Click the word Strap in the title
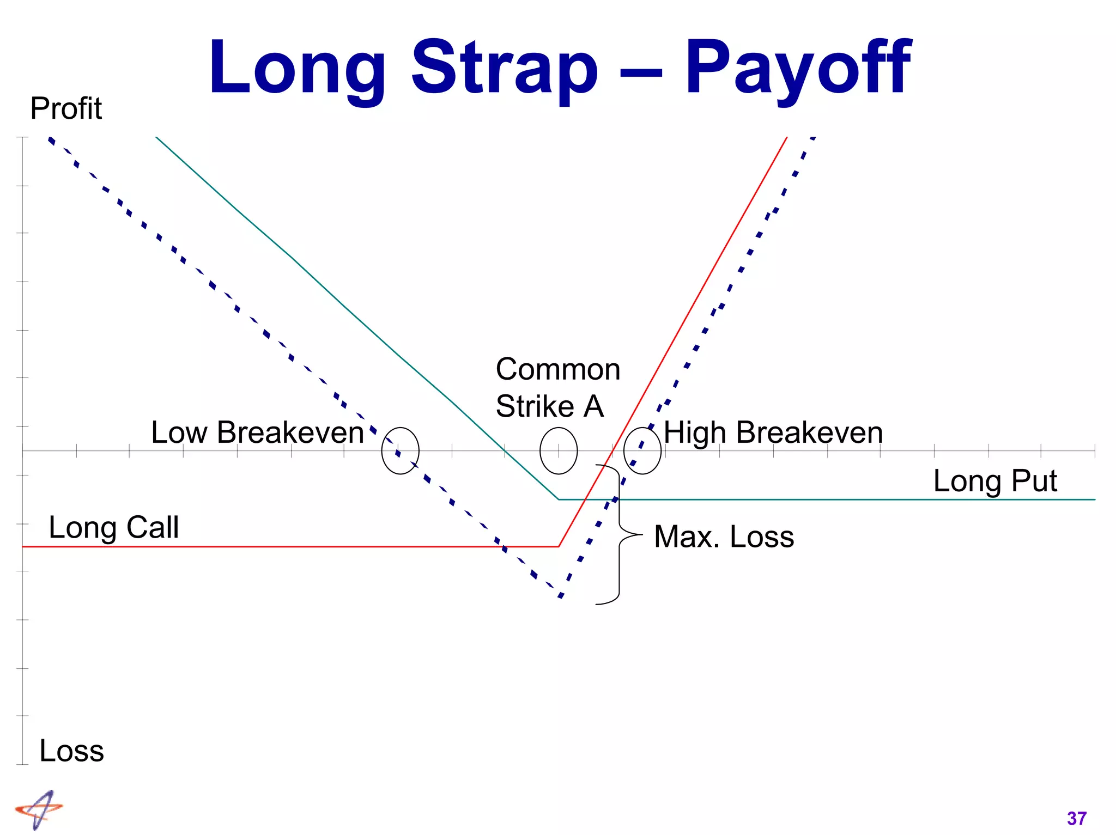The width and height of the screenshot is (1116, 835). (504, 68)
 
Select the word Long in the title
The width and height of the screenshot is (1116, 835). (297, 68)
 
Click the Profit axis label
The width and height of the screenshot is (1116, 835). (66, 108)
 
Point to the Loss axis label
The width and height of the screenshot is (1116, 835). (71, 751)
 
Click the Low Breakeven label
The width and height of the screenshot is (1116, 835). (257, 432)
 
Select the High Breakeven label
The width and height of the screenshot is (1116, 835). (773, 432)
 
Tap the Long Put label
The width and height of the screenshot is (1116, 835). (995, 481)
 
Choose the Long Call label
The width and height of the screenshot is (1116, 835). (113, 527)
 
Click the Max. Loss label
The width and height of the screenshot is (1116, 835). (724, 537)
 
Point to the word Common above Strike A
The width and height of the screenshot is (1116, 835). (558, 369)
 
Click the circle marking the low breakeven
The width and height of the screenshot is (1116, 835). (400, 450)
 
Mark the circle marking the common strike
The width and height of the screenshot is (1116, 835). (559, 450)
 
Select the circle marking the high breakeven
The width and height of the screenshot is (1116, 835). (642, 450)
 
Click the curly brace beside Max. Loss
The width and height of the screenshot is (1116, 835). (620, 534)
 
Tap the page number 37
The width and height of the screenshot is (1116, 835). (1076, 818)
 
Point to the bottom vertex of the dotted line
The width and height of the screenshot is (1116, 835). (561, 596)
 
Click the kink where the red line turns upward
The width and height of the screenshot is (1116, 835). (559, 546)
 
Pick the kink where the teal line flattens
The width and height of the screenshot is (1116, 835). (559, 499)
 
